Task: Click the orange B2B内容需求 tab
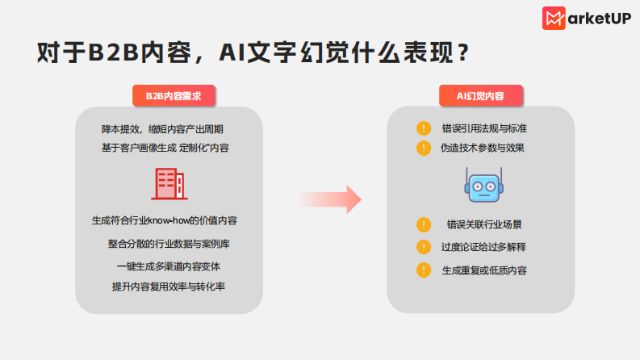pyautogui.click(x=174, y=96)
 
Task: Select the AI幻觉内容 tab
pyautogui.click(x=480, y=96)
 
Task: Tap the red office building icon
pyautogui.click(x=169, y=183)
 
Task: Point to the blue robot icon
pyautogui.click(x=483, y=186)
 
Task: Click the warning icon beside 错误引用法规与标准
pyautogui.click(x=424, y=128)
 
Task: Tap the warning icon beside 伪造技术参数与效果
pyautogui.click(x=424, y=149)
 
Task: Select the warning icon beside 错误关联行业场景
pyautogui.click(x=424, y=225)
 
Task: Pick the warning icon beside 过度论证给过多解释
pyautogui.click(x=424, y=247)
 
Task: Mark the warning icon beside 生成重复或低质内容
pyautogui.click(x=424, y=270)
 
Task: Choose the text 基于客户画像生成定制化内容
pyautogui.click(x=169, y=148)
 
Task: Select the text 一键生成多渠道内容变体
pyautogui.click(x=169, y=266)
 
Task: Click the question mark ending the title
pyautogui.click(x=462, y=52)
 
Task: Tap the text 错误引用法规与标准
pyautogui.click(x=484, y=128)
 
